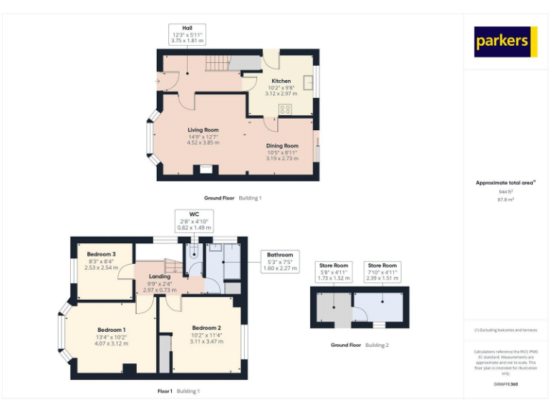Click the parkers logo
coord(505,41)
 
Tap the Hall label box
coord(186,34)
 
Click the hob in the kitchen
coord(285,109)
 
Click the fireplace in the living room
coord(206,170)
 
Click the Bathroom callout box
coord(280,261)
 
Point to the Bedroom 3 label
coord(101,260)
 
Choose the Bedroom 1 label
coord(111,335)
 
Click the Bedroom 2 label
coord(206,335)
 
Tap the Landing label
coord(159,283)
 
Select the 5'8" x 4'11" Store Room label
coord(333,271)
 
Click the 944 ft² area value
coord(506,192)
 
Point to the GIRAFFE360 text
coord(506,385)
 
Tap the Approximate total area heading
coord(506,183)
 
